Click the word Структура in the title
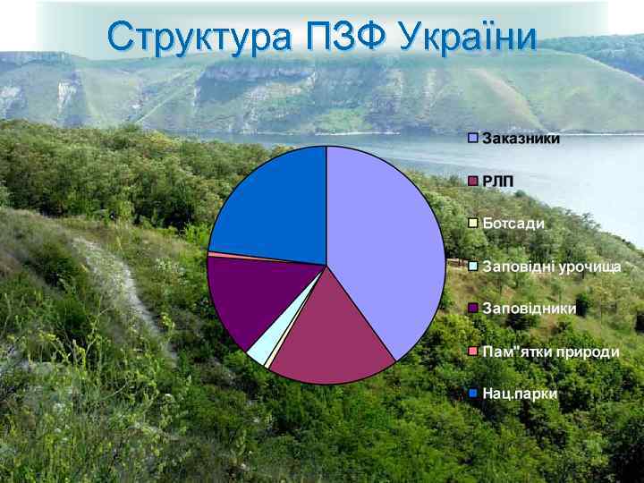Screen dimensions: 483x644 click(198, 38)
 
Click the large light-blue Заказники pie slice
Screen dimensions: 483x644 click(385, 241)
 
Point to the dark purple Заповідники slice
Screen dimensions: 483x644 click(241, 296)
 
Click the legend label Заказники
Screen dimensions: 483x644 click(521, 139)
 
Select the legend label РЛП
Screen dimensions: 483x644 click(498, 182)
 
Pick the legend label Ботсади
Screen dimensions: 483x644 click(513, 224)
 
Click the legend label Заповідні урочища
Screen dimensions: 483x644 click(551, 267)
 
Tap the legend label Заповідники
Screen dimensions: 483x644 click(529, 309)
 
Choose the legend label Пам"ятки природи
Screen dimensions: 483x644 click(550, 352)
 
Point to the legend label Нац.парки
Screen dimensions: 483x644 click(519, 394)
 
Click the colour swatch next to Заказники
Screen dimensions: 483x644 click(473, 139)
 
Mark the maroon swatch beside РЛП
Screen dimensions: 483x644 click(473, 182)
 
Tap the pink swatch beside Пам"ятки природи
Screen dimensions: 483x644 click(473, 352)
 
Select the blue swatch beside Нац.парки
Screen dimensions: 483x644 click(473, 394)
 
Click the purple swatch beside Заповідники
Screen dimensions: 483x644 click(473, 309)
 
